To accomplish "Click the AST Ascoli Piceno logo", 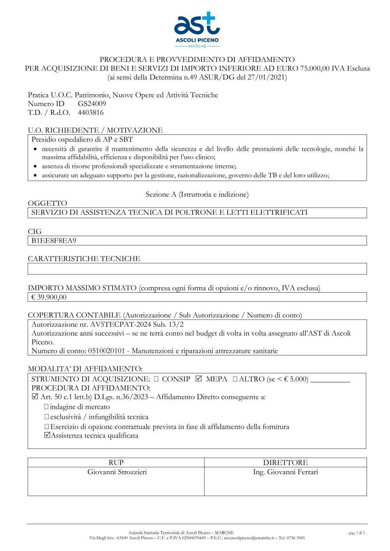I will click(x=197, y=30).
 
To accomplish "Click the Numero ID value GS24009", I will click(x=92, y=104).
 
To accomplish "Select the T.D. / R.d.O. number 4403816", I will click(x=90, y=113).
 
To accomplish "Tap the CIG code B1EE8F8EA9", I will click(x=54, y=241).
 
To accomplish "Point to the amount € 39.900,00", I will click(x=49, y=297).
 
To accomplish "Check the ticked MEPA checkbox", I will click(x=199, y=379).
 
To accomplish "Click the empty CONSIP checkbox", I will click(x=156, y=379).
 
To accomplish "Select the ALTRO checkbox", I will click(x=235, y=379).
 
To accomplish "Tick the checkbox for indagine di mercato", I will click(x=46, y=407).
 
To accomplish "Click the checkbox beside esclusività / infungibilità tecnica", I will click(x=46, y=417).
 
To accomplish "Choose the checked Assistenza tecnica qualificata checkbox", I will click(x=47, y=435).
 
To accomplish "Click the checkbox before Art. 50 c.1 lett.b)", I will click(x=35, y=397).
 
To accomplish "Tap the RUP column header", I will click(x=116, y=463).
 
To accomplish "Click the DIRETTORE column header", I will click(x=285, y=463).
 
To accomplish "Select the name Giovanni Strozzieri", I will click(x=117, y=472).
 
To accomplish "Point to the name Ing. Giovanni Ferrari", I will click(x=285, y=472).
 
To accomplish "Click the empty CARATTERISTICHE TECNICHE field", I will click(x=197, y=269).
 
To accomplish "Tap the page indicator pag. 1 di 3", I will click(x=356, y=533).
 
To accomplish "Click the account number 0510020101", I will click(x=106, y=351).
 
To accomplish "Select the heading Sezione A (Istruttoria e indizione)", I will click(x=197, y=194).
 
